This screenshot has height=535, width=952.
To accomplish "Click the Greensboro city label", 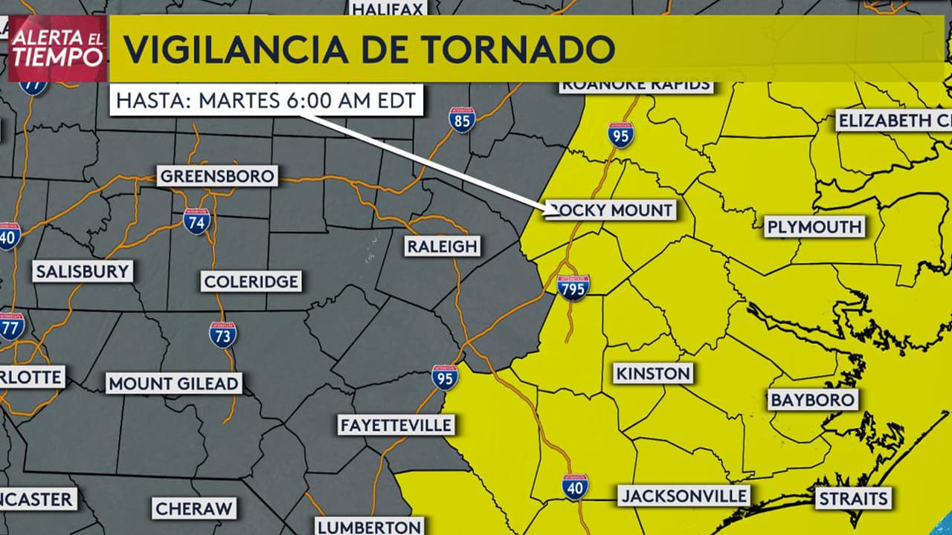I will coord(217,176).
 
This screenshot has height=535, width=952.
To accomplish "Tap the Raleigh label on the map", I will coord(442,246).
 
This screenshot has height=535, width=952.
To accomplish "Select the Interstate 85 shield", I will coord(462,120).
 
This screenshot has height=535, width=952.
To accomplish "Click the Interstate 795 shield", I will coord(573,287).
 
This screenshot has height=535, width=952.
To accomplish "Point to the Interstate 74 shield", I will coord(196,221).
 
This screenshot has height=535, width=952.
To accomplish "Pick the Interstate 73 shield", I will coord(222,335).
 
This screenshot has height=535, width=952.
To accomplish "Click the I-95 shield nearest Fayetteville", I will coord(445,377).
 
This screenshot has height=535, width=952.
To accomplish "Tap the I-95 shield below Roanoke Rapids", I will coord(620,134).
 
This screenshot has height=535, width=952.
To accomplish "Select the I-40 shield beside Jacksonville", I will coord(575,487).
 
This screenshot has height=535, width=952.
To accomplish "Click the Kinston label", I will coord(653,373).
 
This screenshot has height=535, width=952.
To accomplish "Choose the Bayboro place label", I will coord(813,400).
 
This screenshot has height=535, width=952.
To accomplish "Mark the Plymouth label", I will coord(814,227).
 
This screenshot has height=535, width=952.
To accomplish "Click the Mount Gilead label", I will coord(174,383).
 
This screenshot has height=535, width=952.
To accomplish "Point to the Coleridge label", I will coord(251,282).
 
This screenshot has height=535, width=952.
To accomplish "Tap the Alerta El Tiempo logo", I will coord(58,48).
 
